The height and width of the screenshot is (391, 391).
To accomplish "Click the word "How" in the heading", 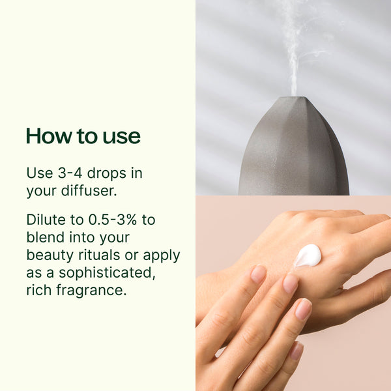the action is pos(49,136).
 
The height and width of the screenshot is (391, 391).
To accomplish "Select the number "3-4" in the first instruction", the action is pos(70,173).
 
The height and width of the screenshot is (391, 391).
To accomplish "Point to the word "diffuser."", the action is pos(89,190).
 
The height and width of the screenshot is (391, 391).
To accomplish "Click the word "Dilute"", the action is pos(46,220).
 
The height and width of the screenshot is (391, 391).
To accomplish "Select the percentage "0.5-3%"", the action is pos(113,220).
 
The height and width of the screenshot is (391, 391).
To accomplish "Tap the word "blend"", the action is pos(46,237).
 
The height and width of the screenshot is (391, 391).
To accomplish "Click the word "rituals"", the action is pos(99,255).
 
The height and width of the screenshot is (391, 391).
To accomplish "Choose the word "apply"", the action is pos(162,256).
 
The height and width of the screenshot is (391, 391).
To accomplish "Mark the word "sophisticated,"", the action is pos(107,272).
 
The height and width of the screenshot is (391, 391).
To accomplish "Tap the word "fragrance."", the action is pos(91,290).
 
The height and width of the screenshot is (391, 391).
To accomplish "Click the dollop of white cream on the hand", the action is pos(308,255).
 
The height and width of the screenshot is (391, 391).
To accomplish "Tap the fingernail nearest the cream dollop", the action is pos(290,283).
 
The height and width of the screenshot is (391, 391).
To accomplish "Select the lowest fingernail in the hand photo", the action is pos(296,351).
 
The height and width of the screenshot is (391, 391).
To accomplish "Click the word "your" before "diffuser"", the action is pos(41,192).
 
